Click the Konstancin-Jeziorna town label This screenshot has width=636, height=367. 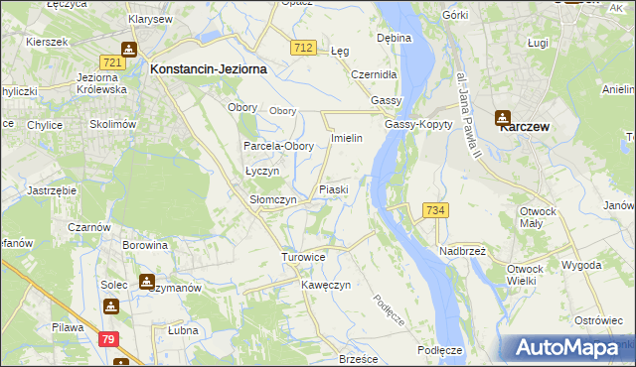pos(206,70)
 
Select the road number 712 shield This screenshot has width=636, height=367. pos(304,48)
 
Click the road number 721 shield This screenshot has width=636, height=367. pos(112,62)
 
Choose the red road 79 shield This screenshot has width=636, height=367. pos(109,338)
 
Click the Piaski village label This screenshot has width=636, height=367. pos(333,189)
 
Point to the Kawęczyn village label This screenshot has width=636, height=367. pos(327,285)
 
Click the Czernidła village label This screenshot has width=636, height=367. pos(375,74)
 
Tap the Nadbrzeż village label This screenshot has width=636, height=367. pos(462,252)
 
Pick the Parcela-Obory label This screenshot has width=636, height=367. pos(279,147)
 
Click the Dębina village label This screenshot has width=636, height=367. pos(394,39)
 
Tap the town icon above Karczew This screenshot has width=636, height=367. pos(503,117)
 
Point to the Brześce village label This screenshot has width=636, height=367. pos(360,359)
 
